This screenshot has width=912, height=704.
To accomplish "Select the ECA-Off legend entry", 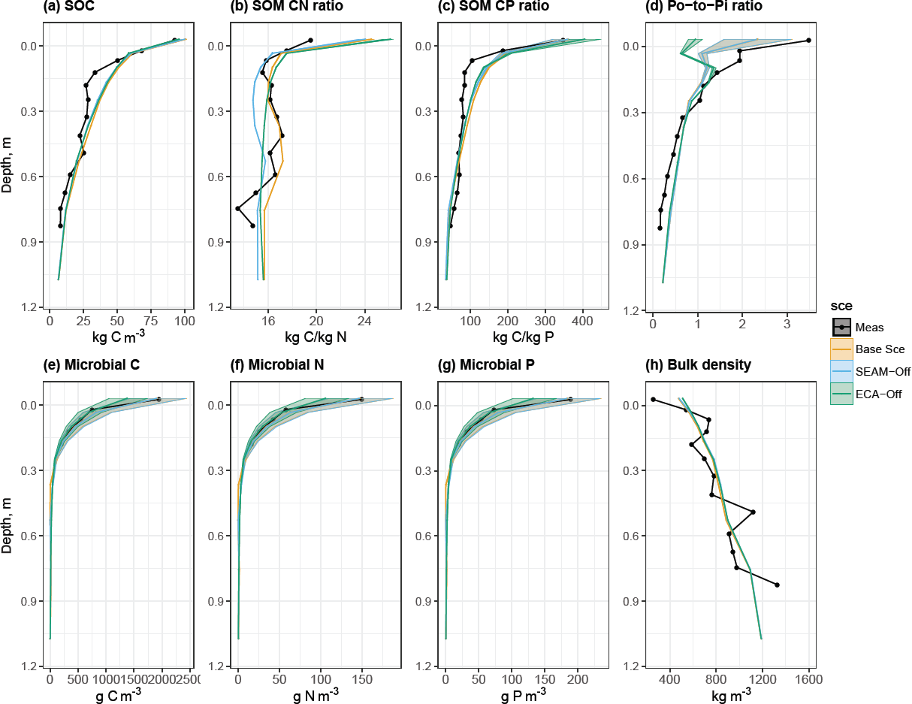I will pos(880,393).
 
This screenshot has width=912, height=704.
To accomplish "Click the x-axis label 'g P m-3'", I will pos(523,695).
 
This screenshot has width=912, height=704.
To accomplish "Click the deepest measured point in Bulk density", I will pos(777,585).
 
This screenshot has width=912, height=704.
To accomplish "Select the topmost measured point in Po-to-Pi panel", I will pos(808,40).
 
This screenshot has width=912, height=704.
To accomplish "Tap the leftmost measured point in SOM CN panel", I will pos(237,208).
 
